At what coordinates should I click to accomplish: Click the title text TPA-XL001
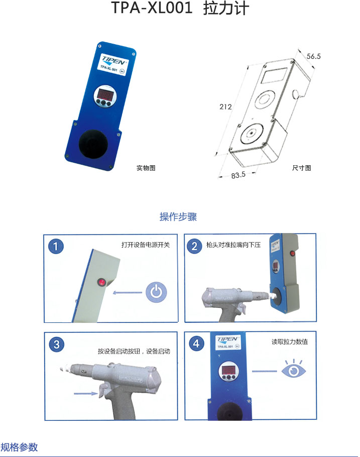pyautogui.click(x=152, y=8)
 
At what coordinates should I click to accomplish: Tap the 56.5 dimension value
pyautogui.click(x=313, y=56)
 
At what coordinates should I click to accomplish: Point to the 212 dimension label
pyautogui.click(x=225, y=106)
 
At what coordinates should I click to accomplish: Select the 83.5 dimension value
pyautogui.click(x=238, y=175)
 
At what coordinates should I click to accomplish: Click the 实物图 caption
pyautogui.click(x=146, y=168)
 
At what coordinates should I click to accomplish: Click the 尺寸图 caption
pyautogui.click(x=302, y=168)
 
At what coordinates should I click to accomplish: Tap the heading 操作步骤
pyautogui.click(x=178, y=217)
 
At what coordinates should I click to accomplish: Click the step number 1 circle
pyautogui.click(x=56, y=247)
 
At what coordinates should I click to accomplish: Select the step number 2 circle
pyautogui.click(x=194, y=246)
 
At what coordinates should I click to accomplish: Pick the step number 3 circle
pyautogui.click(x=57, y=345)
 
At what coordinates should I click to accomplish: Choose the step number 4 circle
pyautogui.click(x=196, y=344)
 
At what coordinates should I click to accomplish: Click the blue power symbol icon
pyautogui.click(x=156, y=292)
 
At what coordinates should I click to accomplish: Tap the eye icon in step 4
pyautogui.click(x=294, y=369)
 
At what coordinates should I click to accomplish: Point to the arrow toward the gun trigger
pyautogui.click(x=86, y=393)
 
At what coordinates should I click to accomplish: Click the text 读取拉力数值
pyautogui.click(x=290, y=341)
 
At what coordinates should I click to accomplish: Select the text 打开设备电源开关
pyautogui.click(x=146, y=245)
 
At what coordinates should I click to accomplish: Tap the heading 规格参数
pyautogui.click(x=19, y=447)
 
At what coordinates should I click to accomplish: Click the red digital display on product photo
pyautogui.click(x=105, y=94)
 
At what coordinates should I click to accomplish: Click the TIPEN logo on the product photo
pyautogui.click(x=113, y=60)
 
